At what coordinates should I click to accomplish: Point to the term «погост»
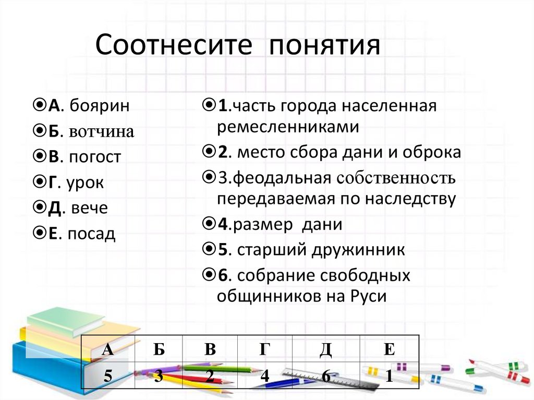point(94,157)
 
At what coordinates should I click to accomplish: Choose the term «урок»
point(86,183)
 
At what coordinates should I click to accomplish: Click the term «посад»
point(91,234)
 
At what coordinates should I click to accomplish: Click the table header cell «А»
point(108,349)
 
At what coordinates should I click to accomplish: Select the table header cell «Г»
point(265,349)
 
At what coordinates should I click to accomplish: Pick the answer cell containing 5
point(108,377)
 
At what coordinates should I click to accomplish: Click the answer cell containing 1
point(389,377)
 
